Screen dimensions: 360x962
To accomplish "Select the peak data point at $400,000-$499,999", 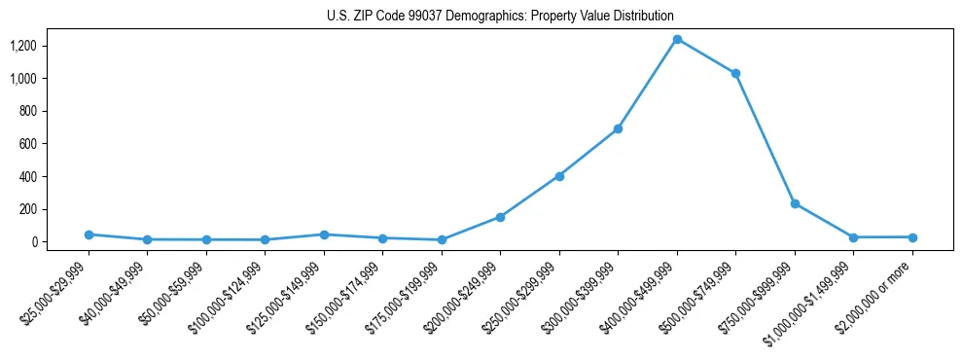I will pyautogui.click(x=677, y=39).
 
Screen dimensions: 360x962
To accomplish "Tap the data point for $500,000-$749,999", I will pyautogui.click(x=736, y=73).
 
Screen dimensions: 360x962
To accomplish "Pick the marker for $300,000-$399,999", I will pyautogui.click(x=618, y=128).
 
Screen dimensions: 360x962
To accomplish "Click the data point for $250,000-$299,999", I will pyautogui.click(x=559, y=176).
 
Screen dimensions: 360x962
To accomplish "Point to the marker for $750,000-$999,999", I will pyautogui.click(x=795, y=203).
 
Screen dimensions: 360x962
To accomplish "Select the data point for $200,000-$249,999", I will pyautogui.click(x=500, y=217).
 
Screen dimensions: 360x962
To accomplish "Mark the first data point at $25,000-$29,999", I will pyautogui.click(x=89, y=234).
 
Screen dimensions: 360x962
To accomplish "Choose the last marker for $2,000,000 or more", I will pyautogui.click(x=912, y=237).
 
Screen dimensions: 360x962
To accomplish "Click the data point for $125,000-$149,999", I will pyautogui.click(x=324, y=234).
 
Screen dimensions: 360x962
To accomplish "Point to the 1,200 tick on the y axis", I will pyautogui.click(x=23, y=46).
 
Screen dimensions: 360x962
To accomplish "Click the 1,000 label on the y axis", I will pyautogui.click(x=23, y=78).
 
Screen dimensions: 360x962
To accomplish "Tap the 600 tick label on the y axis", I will pyautogui.click(x=27, y=144).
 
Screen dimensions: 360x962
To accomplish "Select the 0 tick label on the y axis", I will pyautogui.click(x=33, y=242).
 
